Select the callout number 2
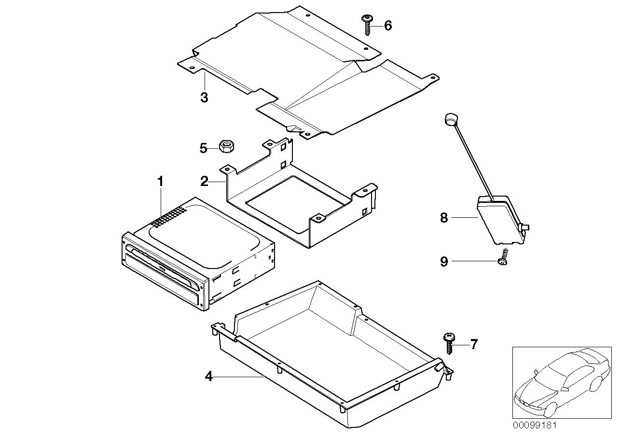(205, 182)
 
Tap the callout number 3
(204, 98)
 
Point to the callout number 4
(208, 376)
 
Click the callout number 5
(203, 148)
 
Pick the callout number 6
(388, 26)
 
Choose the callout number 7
(474, 344)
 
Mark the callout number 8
(444, 218)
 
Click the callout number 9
(444, 262)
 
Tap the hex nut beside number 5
(225, 145)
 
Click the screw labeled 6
(367, 24)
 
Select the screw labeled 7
(449, 343)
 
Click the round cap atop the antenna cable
(450, 119)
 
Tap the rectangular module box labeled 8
(499, 219)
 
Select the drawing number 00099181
(535, 426)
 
